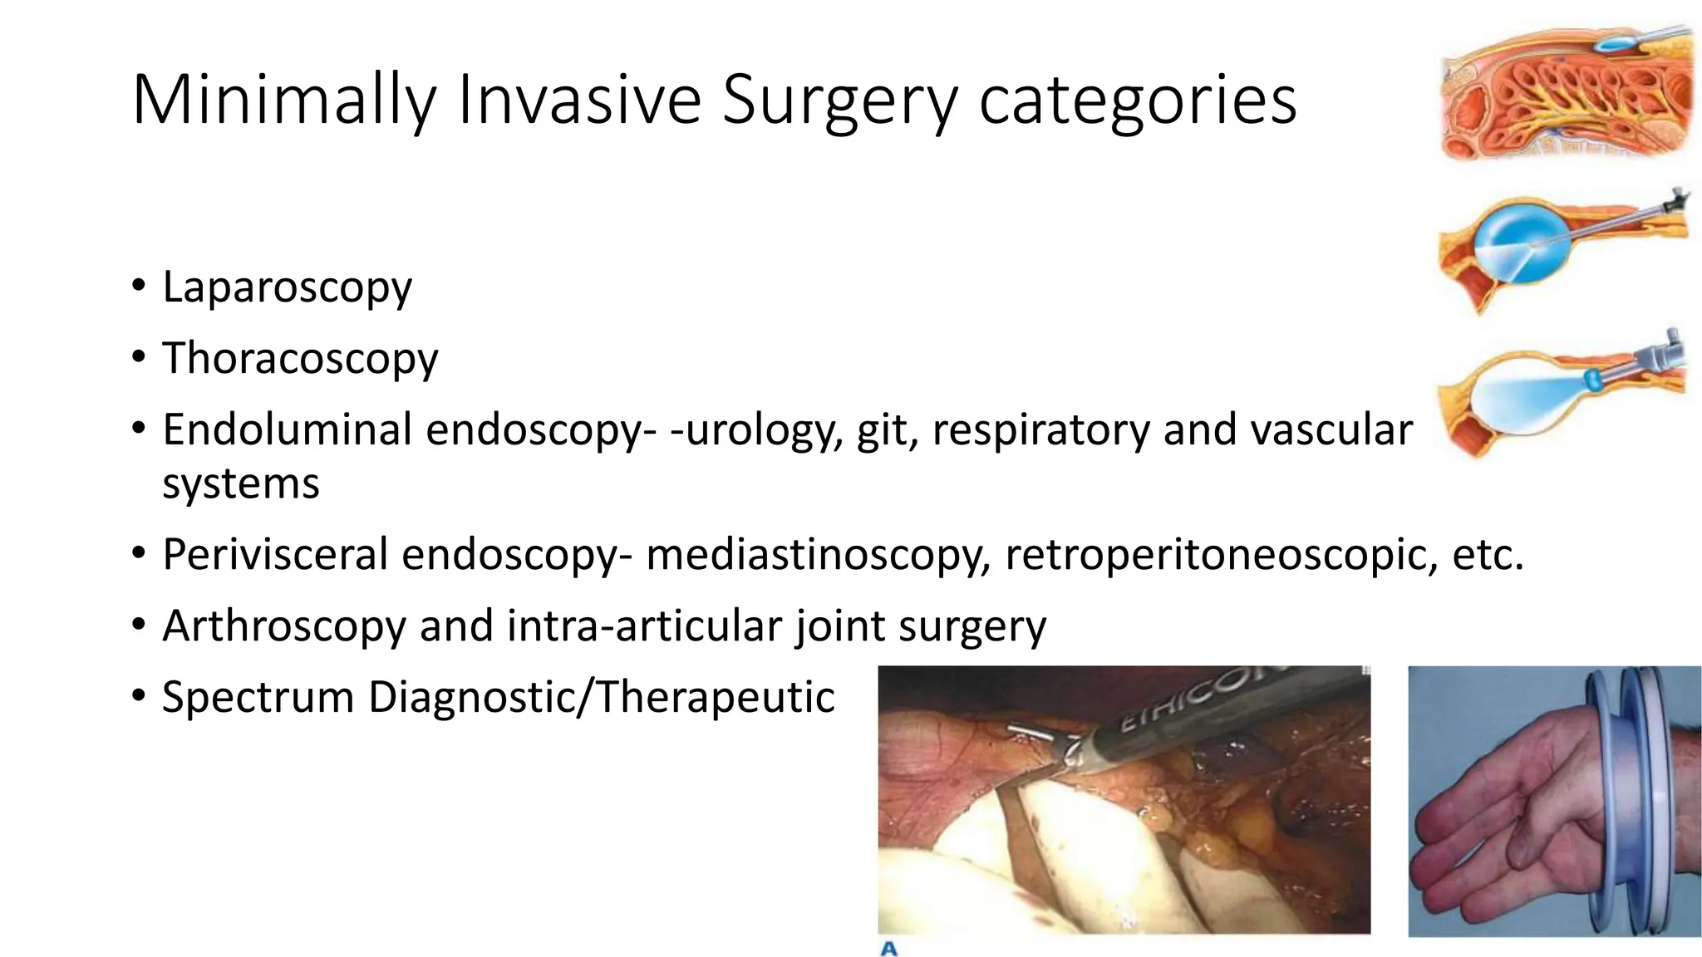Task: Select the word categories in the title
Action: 1138,101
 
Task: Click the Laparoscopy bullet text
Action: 287,288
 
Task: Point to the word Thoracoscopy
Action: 300,359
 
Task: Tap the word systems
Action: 240,483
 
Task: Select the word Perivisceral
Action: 275,554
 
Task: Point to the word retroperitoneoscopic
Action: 1221,554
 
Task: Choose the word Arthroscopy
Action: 283,626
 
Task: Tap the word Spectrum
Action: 258,696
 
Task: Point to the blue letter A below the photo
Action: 888,948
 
